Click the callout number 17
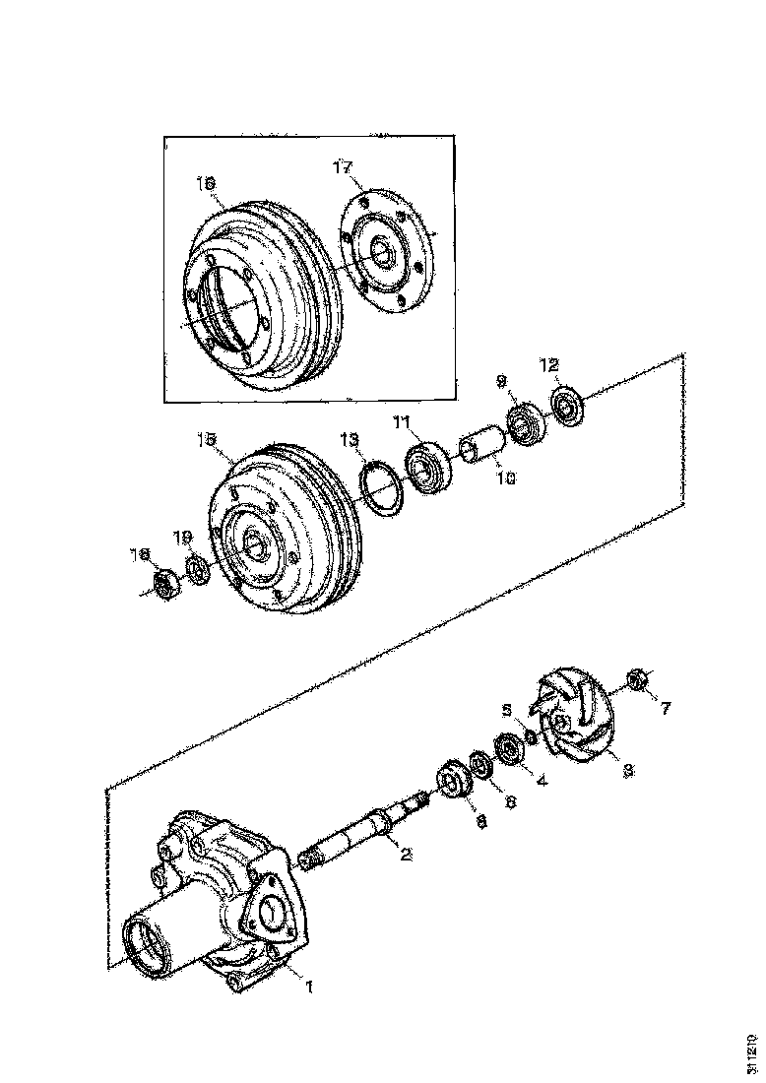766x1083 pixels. pyautogui.click(x=342, y=169)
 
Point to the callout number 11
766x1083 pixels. pyautogui.click(x=401, y=422)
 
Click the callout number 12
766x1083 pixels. pyautogui.click(x=549, y=366)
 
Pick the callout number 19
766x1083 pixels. pyautogui.click(x=183, y=537)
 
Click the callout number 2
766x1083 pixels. pyautogui.click(x=405, y=855)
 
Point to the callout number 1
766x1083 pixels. pyautogui.click(x=308, y=986)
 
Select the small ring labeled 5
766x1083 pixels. pyautogui.click(x=531, y=737)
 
